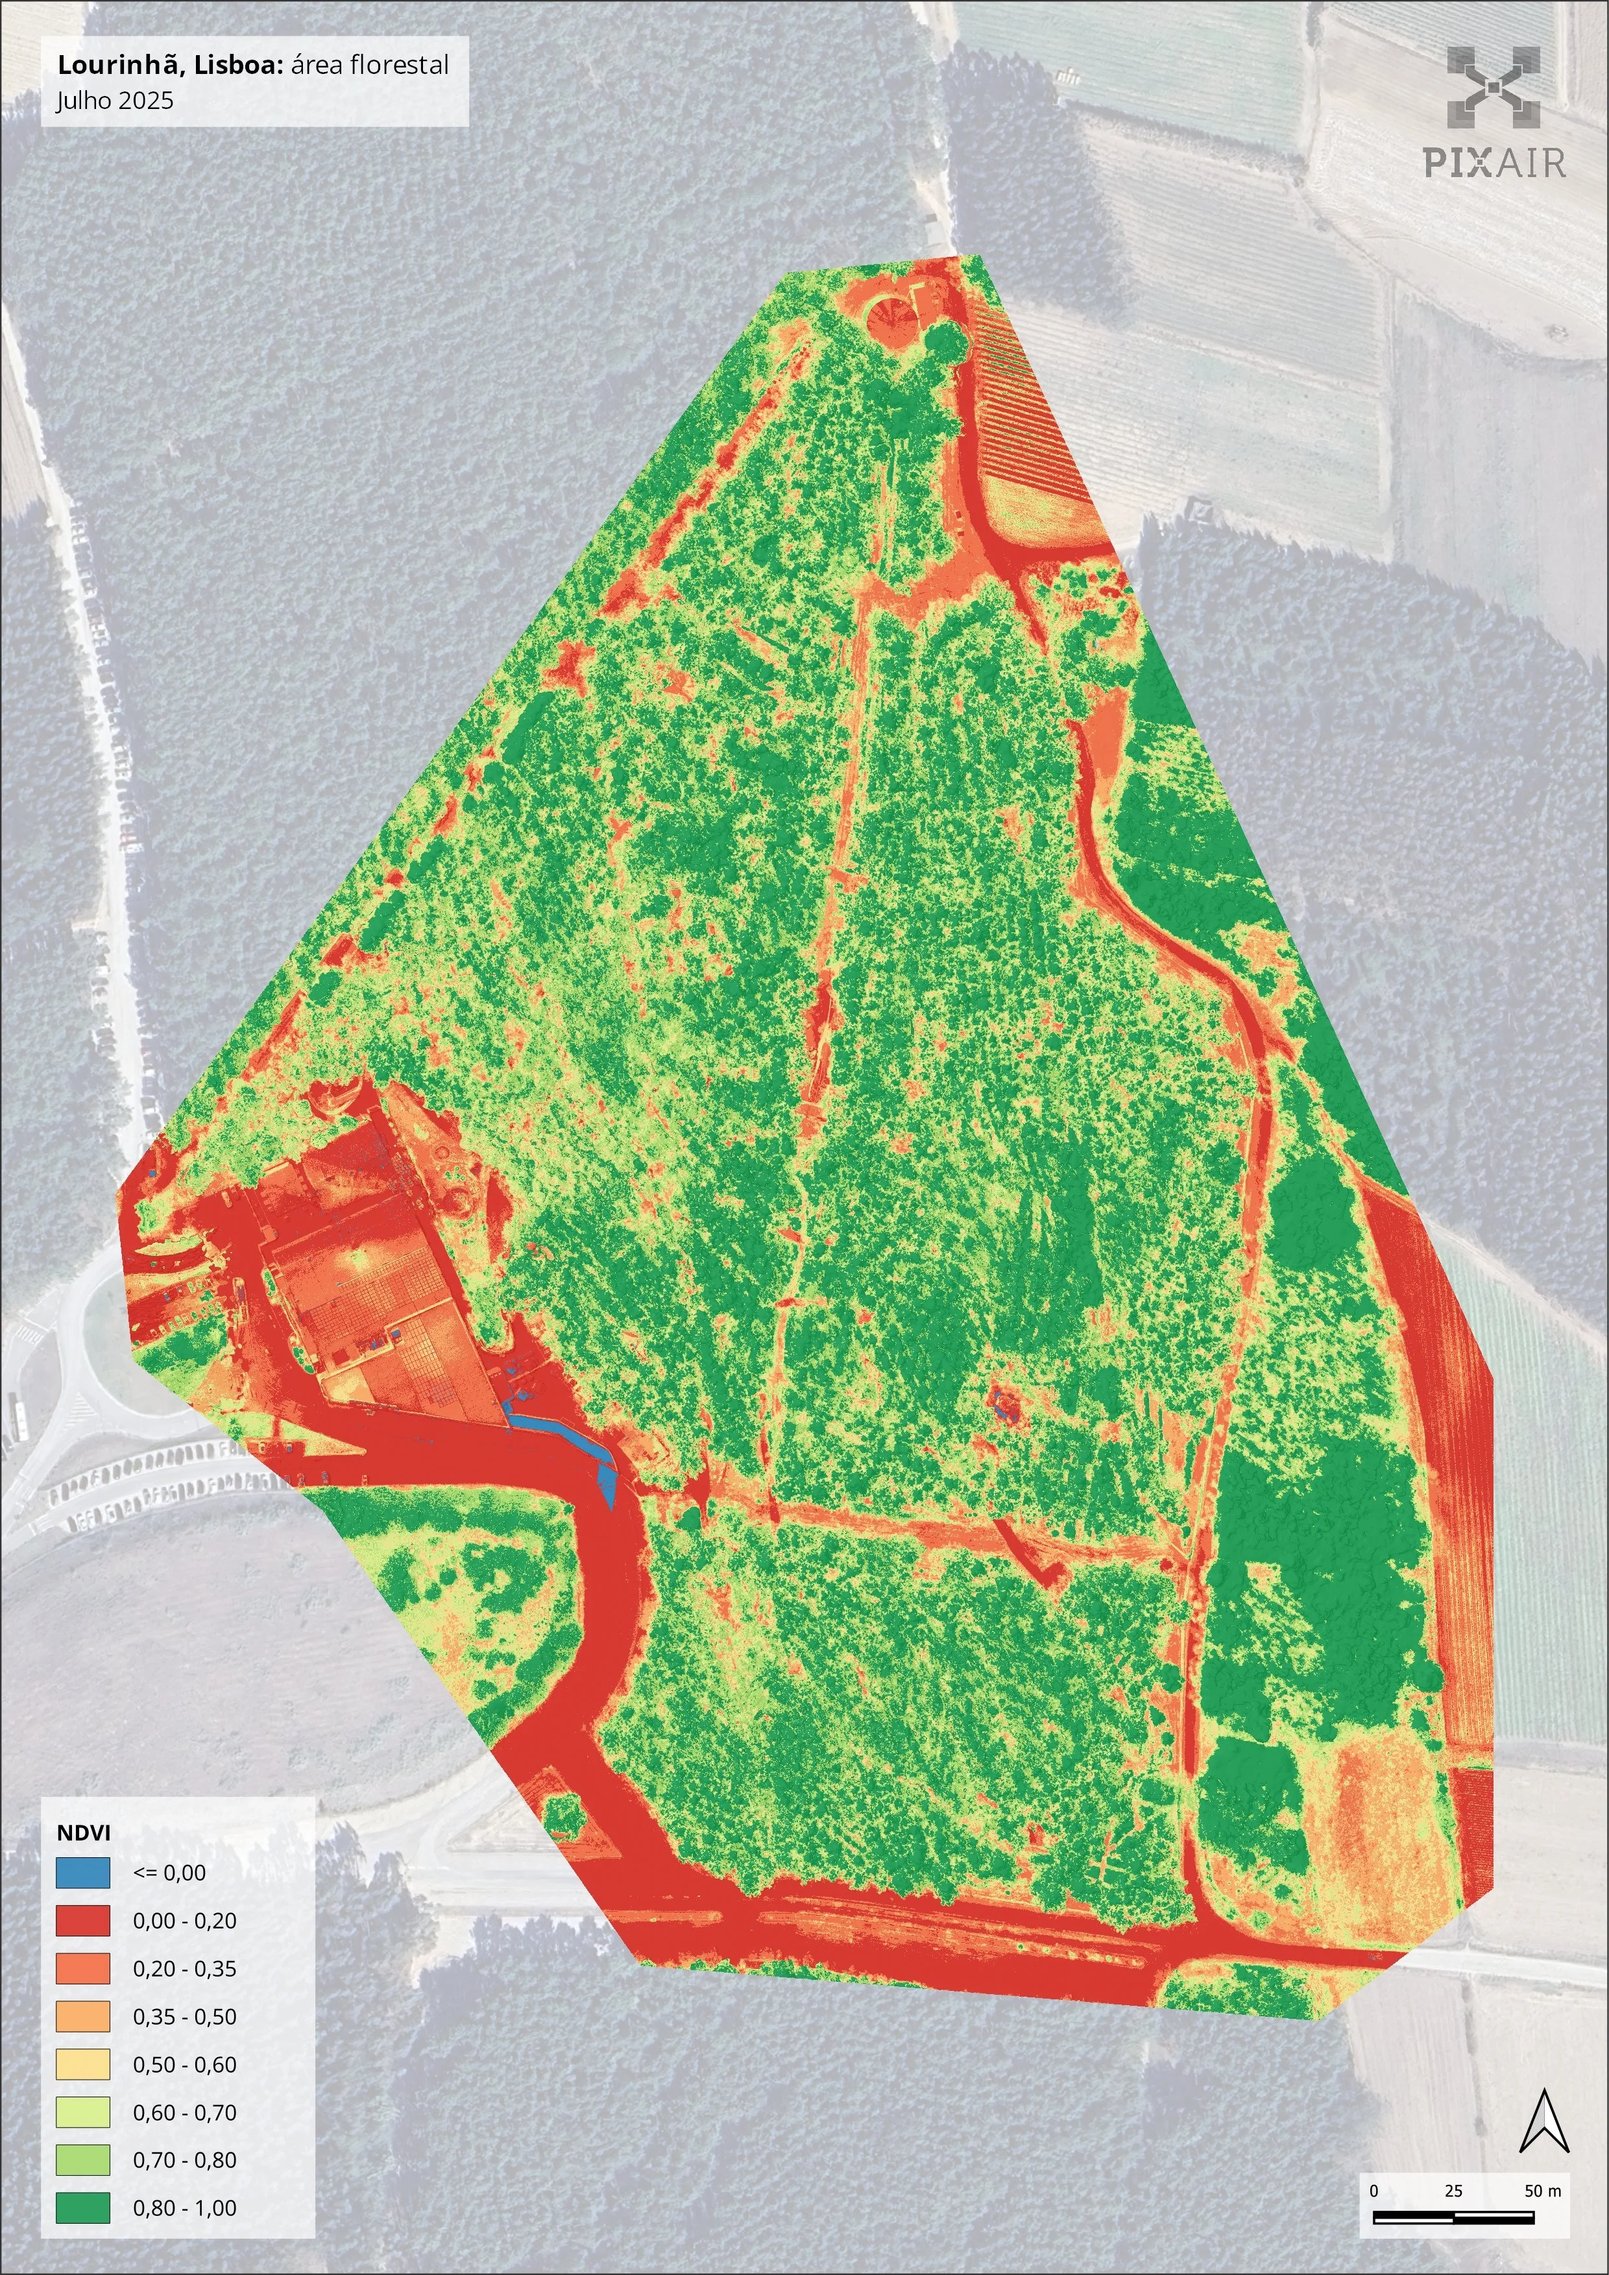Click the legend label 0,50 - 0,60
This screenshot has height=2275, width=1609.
184,2064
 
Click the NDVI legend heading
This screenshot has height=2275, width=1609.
83,1832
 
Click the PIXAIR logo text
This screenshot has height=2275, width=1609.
1494,162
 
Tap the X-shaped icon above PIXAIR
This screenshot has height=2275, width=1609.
1493,87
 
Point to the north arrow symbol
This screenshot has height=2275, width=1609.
1543,2121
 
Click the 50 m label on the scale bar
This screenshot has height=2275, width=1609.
1542,2191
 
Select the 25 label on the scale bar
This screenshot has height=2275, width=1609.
1453,2191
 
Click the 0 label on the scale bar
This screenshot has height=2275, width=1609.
1374,2191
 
